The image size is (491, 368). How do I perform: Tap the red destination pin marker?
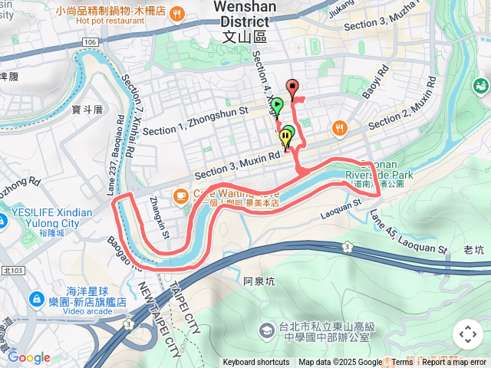(x=292, y=87)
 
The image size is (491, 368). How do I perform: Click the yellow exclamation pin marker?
(x=286, y=138)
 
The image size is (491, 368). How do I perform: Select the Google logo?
(x=28, y=357)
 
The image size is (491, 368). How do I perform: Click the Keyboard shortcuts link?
(x=256, y=363)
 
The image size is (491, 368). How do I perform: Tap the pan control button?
(x=467, y=335)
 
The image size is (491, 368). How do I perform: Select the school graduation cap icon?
(x=266, y=330)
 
